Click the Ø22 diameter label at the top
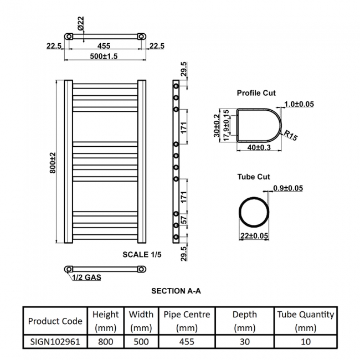coord(81,23)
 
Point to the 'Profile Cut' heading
coord(256,93)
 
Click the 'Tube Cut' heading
coord(254,177)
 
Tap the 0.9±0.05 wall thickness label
coord(288,188)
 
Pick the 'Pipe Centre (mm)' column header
coord(187,321)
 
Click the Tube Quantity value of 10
coord(305,341)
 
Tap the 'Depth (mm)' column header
coord(244,321)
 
